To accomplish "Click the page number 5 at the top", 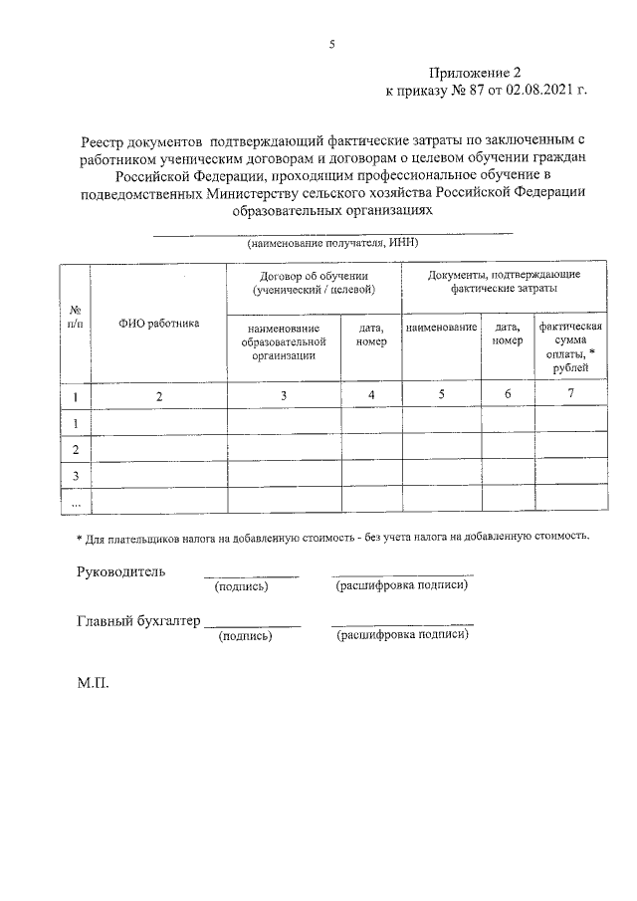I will [332, 43].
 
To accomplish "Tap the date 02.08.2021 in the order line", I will [538, 90].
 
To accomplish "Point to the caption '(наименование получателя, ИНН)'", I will [332, 242].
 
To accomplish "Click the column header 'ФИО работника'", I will [159, 323].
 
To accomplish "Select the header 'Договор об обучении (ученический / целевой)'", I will [314, 282].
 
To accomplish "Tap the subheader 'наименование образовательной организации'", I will [284, 340].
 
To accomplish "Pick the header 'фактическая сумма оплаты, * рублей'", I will [570, 346].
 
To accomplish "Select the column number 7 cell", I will [570, 395].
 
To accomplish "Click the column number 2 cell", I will [159, 396].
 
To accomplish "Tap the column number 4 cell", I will [371, 395].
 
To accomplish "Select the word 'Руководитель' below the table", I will [121, 571].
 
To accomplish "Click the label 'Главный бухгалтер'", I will [138, 622].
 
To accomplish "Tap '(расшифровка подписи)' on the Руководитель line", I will [402, 584].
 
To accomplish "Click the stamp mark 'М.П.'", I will [93, 686].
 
